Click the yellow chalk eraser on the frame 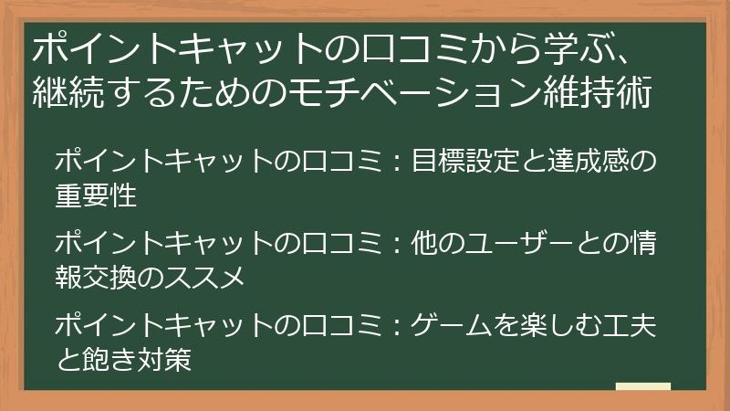pos(642,387)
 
